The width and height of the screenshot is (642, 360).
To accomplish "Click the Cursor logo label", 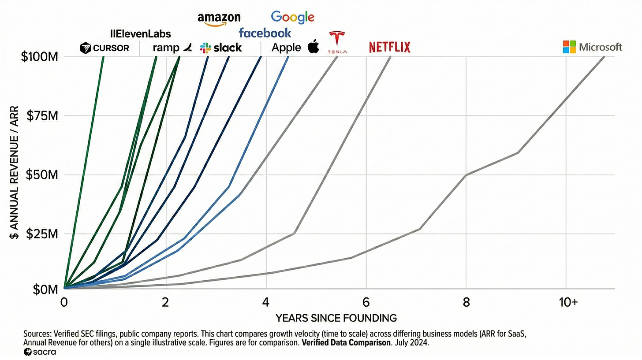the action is tap(105, 48).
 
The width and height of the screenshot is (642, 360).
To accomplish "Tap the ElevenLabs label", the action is tap(140, 34).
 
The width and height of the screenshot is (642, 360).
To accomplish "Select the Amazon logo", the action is tap(219, 19).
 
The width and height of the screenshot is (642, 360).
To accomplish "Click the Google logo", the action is tap(293, 18).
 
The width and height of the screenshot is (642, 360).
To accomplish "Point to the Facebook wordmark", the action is tap(265, 33).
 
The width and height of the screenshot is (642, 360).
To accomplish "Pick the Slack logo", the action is tap(221, 48).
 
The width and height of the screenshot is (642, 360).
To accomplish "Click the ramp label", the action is tap(172, 48).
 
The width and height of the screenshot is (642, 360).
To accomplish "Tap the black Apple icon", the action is tap(313, 46).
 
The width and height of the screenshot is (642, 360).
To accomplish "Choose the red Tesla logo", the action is tap(337, 42).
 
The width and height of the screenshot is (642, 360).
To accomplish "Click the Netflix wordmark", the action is tap(390, 47).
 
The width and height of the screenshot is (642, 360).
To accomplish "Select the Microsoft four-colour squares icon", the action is tap(569, 47).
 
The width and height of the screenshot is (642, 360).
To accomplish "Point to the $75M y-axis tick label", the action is tap(42, 116).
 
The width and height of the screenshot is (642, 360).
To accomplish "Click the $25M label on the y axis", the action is tap(42, 234).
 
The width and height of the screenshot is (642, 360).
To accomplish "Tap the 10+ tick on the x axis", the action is tap(568, 302).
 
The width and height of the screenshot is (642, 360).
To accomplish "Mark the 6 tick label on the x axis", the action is tap(366, 302).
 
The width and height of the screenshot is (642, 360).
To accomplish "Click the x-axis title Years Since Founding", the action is tap(336, 318).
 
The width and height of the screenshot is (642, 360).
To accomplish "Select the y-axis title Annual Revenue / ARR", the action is tap(14, 172).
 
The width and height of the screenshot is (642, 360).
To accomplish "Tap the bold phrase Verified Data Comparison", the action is tap(346, 343).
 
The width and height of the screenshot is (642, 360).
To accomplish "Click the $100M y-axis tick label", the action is tap(40, 57).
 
